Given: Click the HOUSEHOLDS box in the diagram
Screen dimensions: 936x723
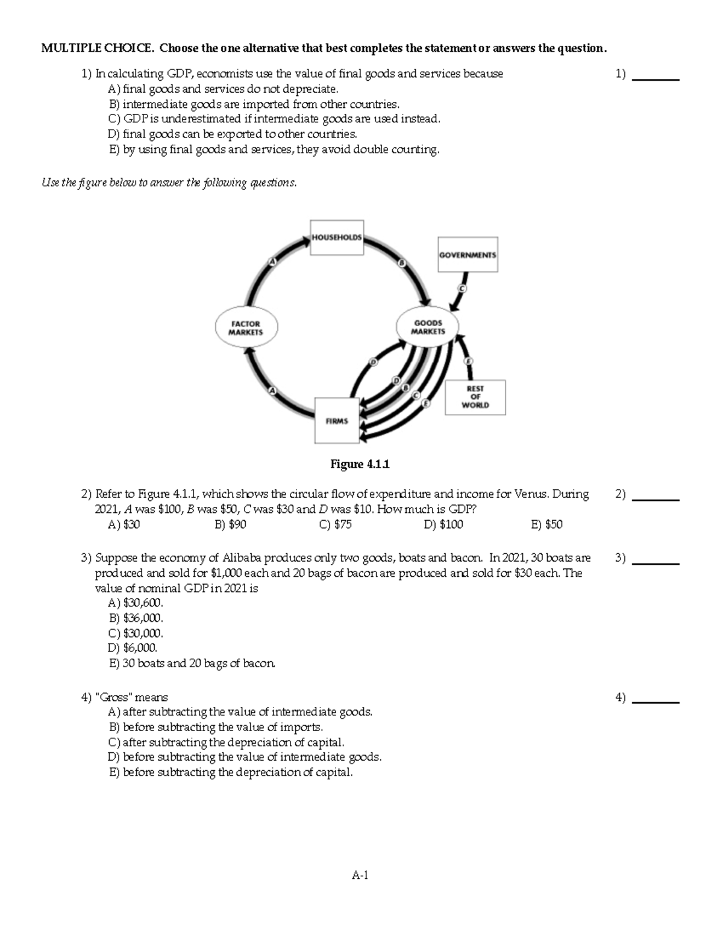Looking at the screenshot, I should tap(337, 237).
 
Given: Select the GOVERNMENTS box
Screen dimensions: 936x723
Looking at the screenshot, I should tap(468, 255).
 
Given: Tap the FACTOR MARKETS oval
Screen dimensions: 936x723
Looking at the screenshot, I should tap(245, 328).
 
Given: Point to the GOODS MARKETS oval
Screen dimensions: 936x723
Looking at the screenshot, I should tap(428, 327).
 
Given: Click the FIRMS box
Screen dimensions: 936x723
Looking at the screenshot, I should tap(337, 421).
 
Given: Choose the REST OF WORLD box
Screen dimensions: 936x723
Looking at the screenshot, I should tap(475, 397).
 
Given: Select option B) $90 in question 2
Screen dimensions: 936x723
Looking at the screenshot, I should tap(230, 525).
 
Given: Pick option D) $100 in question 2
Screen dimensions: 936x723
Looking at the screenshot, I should tap(443, 525).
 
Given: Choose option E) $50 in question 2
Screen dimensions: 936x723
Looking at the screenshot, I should tap(546, 525).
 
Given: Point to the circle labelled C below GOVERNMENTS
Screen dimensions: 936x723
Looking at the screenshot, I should tap(462, 289).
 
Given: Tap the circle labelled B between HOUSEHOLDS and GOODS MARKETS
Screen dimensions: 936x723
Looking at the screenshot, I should tap(401, 263).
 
